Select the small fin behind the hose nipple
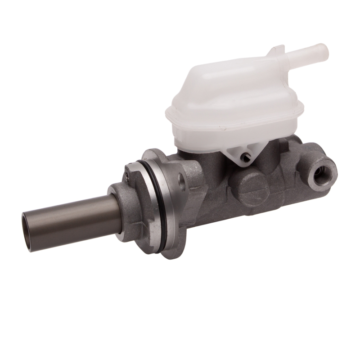coord(275,50)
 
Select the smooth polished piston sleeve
coord(72,220)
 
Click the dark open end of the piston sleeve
coord(27,232)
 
